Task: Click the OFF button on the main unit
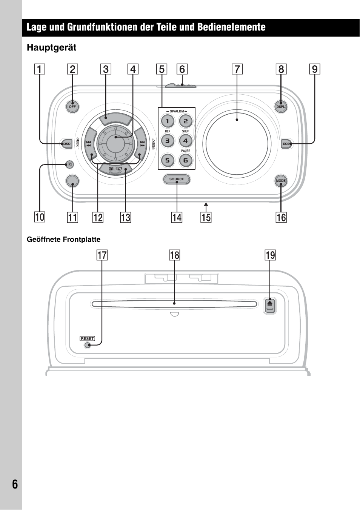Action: pos(72,107)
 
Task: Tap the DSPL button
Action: pos(281,107)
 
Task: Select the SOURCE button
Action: pos(177,179)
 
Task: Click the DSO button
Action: pos(66,144)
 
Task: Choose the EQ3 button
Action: pos(287,144)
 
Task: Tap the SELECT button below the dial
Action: pos(115,169)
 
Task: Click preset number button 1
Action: pos(168,121)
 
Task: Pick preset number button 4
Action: pos(185,141)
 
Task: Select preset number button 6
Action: pos(185,160)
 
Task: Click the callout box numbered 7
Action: pos(237,69)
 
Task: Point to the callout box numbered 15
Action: pos(206,218)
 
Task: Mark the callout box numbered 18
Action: pos(174,255)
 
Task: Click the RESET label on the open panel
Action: pos(87,338)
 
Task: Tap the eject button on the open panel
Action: pos(270,306)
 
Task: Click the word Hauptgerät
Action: pos(52,48)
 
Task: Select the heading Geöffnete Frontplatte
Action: pos(63,240)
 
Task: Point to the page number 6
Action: pos(15,484)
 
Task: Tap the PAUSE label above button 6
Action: pos(186,151)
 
